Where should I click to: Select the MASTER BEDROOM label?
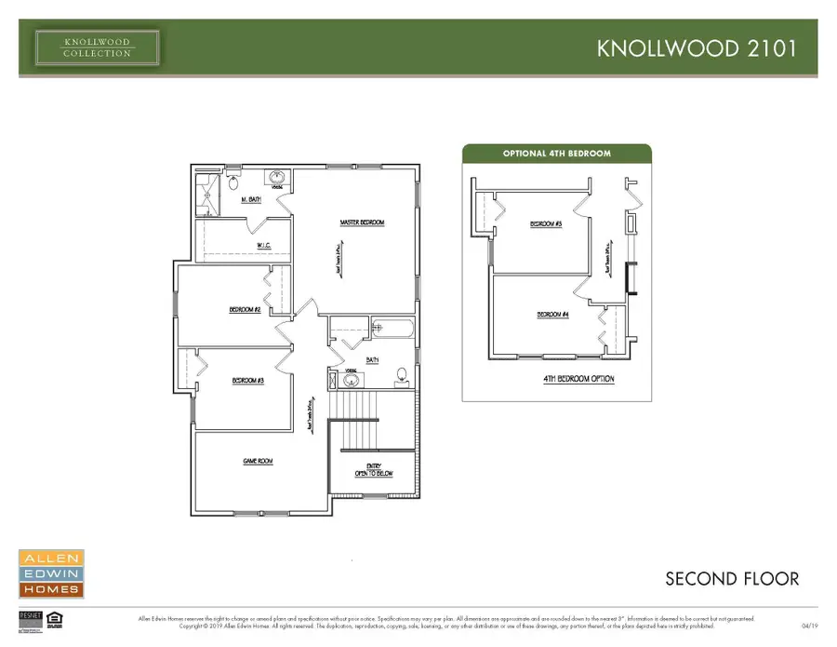tap(363, 222)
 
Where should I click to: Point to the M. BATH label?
tap(251, 200)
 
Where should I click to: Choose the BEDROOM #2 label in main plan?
tap(244, 309)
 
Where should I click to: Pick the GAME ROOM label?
tap(258, 462)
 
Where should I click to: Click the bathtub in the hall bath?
tap(392, 328)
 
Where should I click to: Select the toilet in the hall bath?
tap(402, 376)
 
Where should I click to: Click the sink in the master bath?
tap(276, 177)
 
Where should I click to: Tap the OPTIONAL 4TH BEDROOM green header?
tap(557, 154)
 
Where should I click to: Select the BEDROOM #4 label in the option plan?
tap(552, 315)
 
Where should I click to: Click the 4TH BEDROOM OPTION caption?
tap(578, 379)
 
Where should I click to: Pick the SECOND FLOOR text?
tap(731, 579)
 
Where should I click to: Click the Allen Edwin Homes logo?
tap(51, 573)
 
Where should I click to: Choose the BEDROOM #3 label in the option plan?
tap(546, 224)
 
